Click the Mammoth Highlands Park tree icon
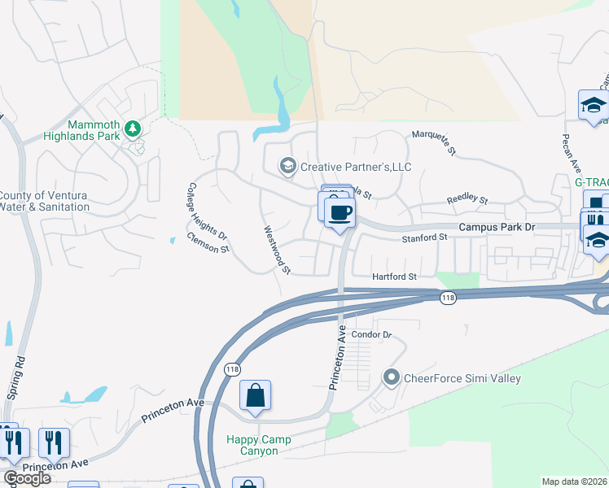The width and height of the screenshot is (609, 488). point(132,129)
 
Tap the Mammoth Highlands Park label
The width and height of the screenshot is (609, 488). point(94,130)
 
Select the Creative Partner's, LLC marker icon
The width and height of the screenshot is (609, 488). point(287,167)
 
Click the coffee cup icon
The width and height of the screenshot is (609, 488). point(340,213)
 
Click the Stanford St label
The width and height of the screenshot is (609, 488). point(426,238)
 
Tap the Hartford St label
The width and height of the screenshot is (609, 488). point(394,277)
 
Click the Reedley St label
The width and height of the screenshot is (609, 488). point(467,200)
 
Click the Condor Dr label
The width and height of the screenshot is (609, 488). point(372,334)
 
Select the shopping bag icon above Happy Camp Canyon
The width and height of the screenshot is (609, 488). point(256,396)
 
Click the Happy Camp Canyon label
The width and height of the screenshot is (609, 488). point(259,445)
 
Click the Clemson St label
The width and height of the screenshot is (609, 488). point(208,242)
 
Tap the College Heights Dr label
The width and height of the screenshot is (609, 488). point(208,210)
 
